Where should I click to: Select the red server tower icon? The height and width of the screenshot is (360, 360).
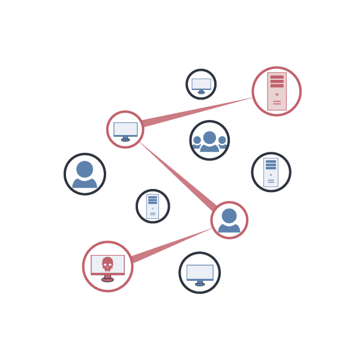point(277,91)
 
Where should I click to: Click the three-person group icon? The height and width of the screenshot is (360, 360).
point(209,141)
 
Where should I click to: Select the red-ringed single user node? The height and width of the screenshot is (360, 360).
point(229,220)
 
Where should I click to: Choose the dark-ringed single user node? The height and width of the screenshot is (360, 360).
point(85,174)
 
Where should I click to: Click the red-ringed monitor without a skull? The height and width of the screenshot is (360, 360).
point(125,129)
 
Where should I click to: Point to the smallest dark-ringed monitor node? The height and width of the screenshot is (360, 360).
point(201,84)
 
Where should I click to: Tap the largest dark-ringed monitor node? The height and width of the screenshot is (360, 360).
point(200,273)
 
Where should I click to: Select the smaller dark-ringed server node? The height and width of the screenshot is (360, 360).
point(152,206)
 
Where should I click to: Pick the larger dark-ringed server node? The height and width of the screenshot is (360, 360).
point(271,172)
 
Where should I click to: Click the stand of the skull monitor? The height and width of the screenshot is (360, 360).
point(107,278)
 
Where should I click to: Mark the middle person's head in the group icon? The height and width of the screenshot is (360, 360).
point(209,137)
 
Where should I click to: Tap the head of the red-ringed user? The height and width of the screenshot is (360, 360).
point(229,215)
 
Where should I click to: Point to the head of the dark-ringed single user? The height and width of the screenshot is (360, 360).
point(85,169)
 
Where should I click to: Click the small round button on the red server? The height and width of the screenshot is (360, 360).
point(277,94)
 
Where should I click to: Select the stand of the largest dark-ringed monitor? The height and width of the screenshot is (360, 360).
point(200,283)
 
